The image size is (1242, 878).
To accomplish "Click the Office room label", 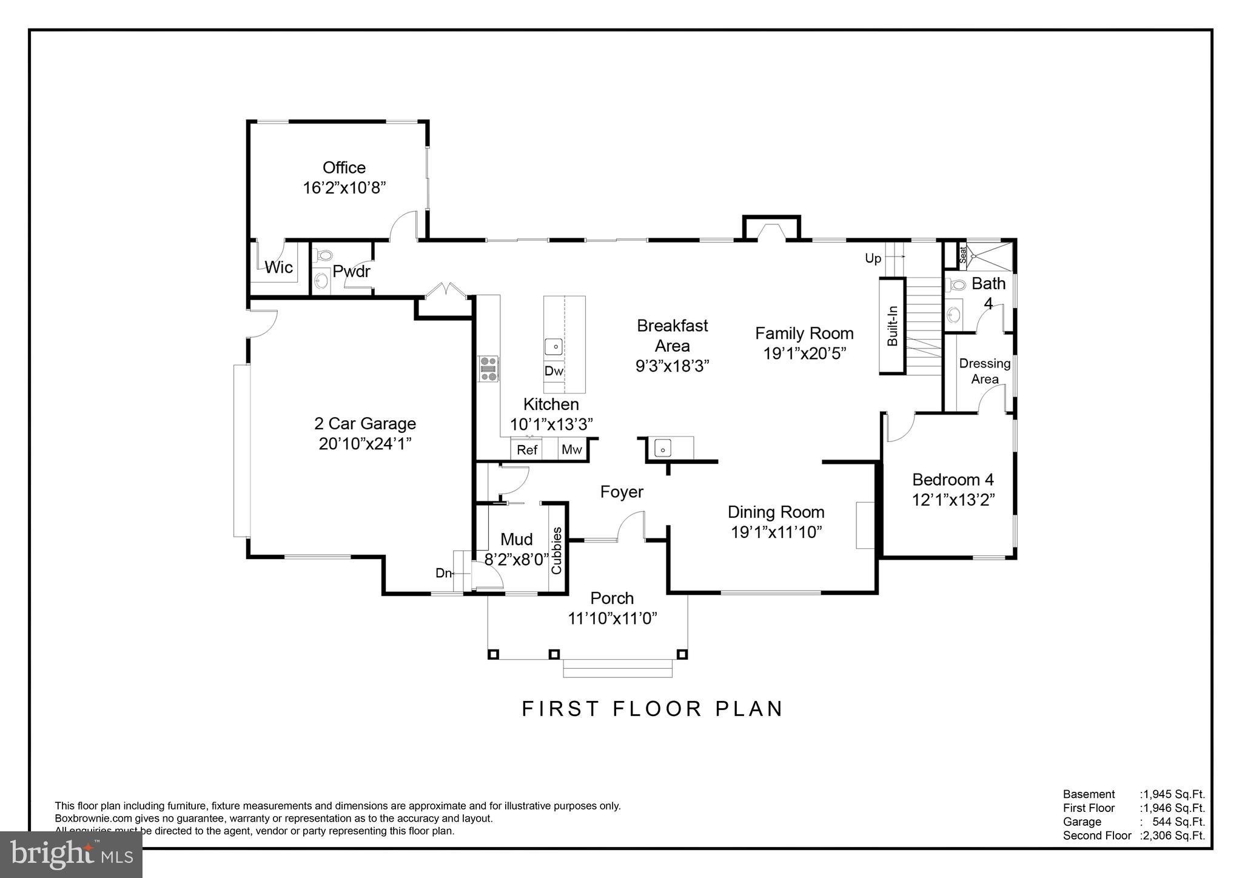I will (x=344, y=168).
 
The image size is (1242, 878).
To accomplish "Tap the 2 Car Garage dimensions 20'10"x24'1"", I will (x=365, y=444).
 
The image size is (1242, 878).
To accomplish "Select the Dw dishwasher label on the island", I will (x=553, y=371).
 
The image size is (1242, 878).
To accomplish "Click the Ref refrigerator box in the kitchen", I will (x=527, y=450).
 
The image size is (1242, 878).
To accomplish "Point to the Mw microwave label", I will (x=571, y=449).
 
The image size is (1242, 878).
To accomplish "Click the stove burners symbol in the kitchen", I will (x=488, y=369).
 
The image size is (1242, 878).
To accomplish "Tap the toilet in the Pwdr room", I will (x=324, y=256).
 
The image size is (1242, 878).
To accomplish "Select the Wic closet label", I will (x=278, y=267).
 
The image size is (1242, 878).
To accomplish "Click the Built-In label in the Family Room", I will (x=892, y=326).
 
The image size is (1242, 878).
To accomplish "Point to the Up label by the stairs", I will (x=873, y=259).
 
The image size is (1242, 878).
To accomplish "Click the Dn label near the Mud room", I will (x=443, y=573).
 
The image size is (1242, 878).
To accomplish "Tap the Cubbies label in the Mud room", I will (x=556, y=551).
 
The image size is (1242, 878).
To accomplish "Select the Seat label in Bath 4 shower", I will (x=962, y=255).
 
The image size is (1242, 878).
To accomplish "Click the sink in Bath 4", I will (x=954, y=315).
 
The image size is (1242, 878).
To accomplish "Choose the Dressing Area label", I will (x=985, y=371).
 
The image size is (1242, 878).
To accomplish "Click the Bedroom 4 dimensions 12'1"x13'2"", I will (x=953, y=500).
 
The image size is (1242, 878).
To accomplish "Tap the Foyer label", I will (x=622, y=492).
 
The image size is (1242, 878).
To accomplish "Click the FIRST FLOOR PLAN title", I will (x=653, y=709).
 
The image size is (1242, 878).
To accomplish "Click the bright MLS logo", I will (x=72, y=854).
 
